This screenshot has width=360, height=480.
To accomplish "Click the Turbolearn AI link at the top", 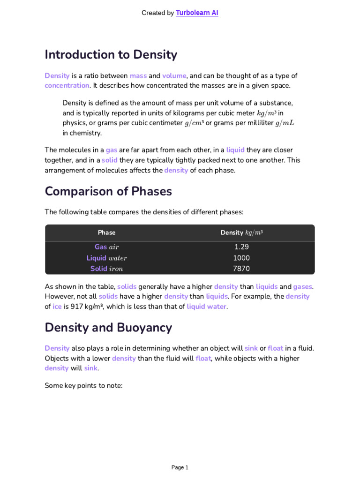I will (x=197, y=13).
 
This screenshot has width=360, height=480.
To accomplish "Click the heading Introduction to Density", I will (x=111, y=54).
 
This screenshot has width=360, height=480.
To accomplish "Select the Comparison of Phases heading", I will (x=108, y=191).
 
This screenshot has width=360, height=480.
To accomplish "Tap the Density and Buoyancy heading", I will (x=108, y=328).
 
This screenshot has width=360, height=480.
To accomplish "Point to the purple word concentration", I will (x=67, y=85).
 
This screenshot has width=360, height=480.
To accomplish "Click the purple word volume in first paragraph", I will (x=174, y=75).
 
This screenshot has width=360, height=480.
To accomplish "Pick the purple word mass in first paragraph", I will (x=138, y=75).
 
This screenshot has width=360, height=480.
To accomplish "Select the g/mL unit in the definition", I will (x=285, y=123).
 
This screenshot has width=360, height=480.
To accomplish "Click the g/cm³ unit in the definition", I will (x=194, y=123).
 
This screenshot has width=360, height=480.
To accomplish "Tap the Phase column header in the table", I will (x=106, y=232).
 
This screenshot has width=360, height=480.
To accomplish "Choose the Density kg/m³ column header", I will (x=241, y=232).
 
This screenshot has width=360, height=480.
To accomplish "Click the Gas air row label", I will (x=106, y=247).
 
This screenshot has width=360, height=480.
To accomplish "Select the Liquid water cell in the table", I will (x=106, y=258).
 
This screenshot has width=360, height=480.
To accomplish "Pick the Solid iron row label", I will (x=106, y=269).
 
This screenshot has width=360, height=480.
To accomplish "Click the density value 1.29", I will (x=241, y=247).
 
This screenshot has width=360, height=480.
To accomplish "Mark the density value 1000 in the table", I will (x=241, y=258).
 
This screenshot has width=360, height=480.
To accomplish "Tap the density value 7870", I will (x=241, y=269).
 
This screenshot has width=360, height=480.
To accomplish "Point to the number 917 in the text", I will (x=76, y=307).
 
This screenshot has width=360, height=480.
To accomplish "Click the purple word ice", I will (x=56, y=307).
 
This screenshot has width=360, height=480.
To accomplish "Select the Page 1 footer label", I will (x=180, y=467).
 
